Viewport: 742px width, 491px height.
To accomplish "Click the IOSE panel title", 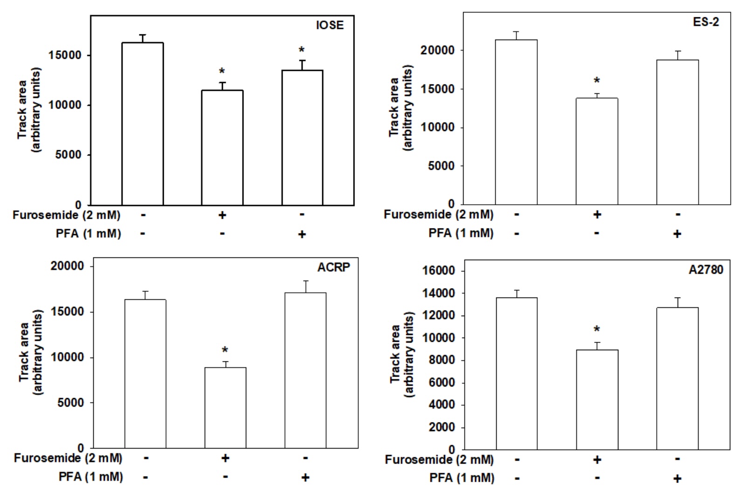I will point(330,25).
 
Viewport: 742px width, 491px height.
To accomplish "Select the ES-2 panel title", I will point(706,22).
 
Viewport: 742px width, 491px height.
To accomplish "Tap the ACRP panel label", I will point(333,268).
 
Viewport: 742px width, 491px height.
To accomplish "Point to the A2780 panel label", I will point(706,270).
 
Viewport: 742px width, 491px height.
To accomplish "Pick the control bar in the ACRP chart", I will point(145,373).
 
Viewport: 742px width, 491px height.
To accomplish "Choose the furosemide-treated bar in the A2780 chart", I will point(596,399).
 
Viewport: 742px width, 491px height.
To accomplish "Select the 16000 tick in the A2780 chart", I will point(439,271).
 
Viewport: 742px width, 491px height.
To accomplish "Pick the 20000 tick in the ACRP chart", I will point(67,266).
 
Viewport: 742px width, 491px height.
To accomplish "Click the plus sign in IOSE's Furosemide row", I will point(222,215).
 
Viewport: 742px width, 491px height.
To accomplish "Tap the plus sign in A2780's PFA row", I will point(677,478).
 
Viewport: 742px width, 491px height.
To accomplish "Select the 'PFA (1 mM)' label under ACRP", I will point(91,477).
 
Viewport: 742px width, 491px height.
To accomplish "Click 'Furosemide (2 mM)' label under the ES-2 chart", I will point(438,214).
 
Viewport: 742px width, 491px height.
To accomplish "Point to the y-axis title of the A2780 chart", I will point(402,354).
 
